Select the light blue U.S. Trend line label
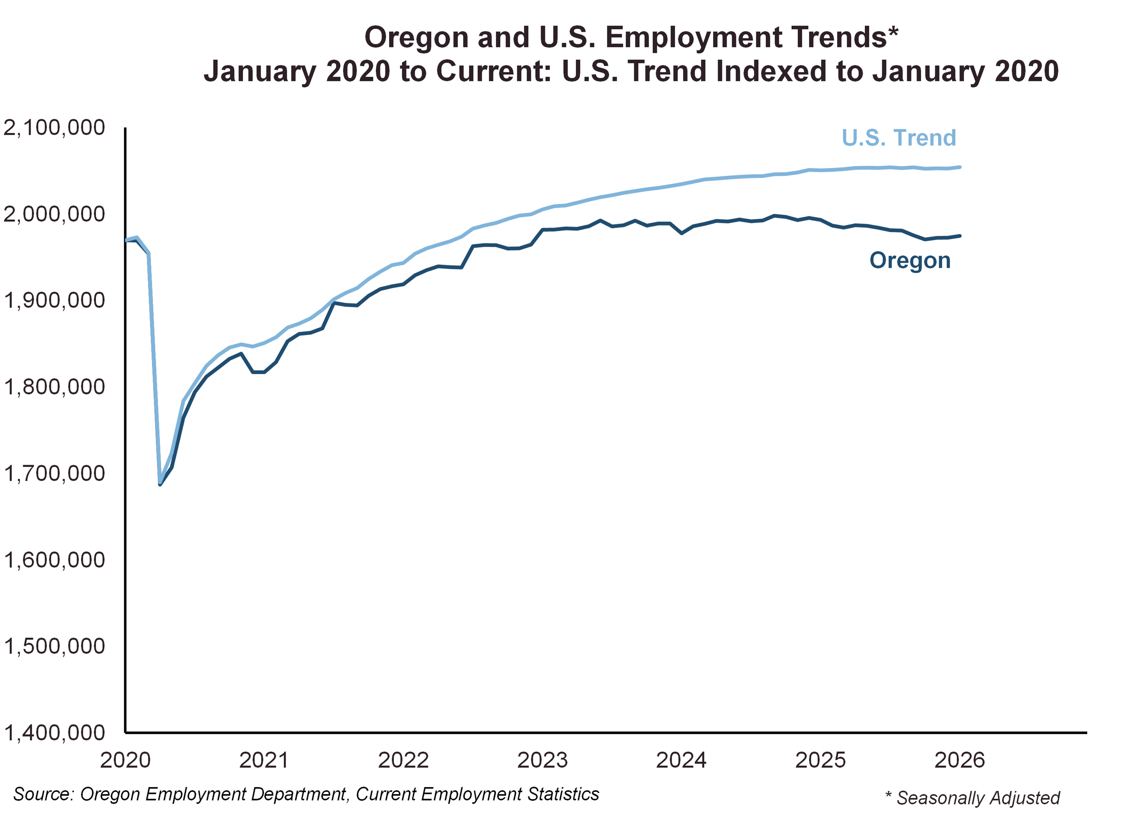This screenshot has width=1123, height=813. click(899, 138)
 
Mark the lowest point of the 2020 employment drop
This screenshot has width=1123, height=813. click(160, 484)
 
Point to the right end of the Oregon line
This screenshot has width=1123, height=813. click(960, 236)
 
